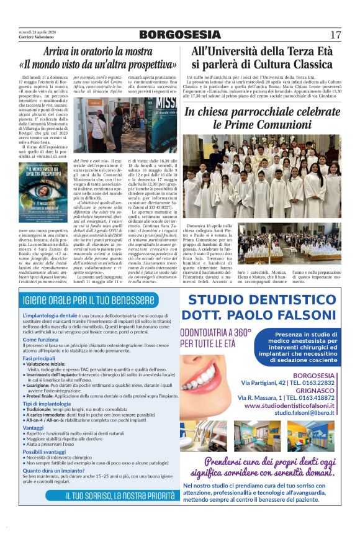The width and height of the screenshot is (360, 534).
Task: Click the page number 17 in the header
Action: [x=335, y=35]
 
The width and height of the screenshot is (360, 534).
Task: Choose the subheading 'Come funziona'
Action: [x=41, y=340]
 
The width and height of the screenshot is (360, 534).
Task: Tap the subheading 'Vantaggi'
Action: [x=33, y=428]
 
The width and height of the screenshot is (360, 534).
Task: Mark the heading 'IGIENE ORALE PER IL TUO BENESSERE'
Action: [x=89, y=301]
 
